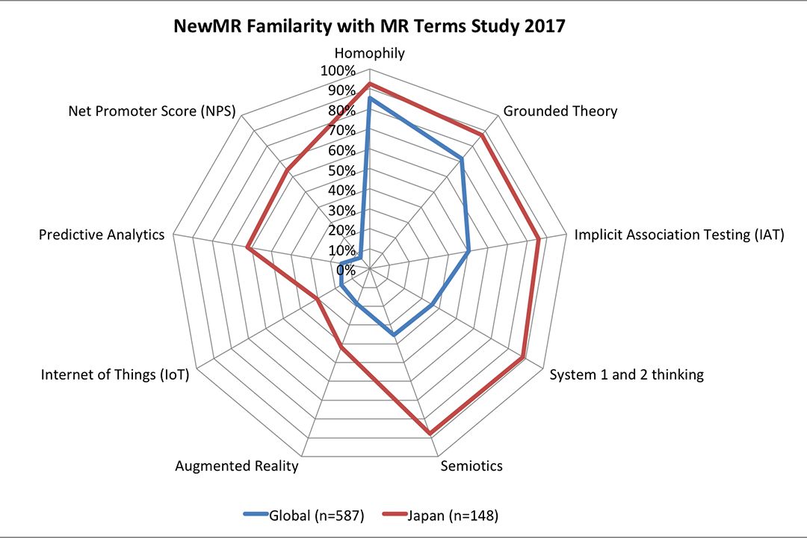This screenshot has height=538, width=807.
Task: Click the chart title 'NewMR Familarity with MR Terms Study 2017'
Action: click(x=369, y=26)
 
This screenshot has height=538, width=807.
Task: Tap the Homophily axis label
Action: click(x=369, y=53)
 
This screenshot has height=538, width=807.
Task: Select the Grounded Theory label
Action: click(x=560, y=111)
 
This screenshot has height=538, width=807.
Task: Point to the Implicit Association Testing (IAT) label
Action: click(x=678, y=235)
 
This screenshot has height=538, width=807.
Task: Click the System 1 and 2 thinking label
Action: click(x=626, y=374)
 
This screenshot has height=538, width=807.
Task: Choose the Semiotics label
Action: click(x=471, y=466)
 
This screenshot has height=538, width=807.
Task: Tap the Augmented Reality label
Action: click(x=237, y=466)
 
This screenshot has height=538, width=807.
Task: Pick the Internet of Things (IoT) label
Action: click(x=115, y=374)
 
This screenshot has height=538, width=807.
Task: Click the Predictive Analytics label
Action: click(x=102, y=235)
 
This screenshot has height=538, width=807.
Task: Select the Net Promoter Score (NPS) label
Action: click(x=152, y=111)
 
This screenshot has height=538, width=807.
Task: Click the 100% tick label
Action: click(x=338, y=71)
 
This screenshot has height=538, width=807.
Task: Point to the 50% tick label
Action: click(x=341, y=170)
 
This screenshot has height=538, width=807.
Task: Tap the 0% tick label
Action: click(x=344, y=269)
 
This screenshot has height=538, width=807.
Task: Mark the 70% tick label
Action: click(x=341, y=131)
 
